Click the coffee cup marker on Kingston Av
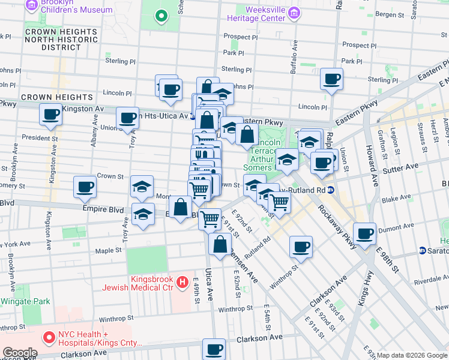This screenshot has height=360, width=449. click(x=50, y=114)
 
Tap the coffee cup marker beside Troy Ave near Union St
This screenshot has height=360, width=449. click(x=127, y=118)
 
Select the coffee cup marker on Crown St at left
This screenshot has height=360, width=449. click(x=85, y=186)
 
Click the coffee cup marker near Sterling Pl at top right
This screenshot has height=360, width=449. click(x=331, y=79)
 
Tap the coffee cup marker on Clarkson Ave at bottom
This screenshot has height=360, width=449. click(x=214, y=349)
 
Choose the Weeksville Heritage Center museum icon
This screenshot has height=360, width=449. click(x=294, y=13)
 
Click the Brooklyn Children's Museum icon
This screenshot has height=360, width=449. click(x=31, y=6)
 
